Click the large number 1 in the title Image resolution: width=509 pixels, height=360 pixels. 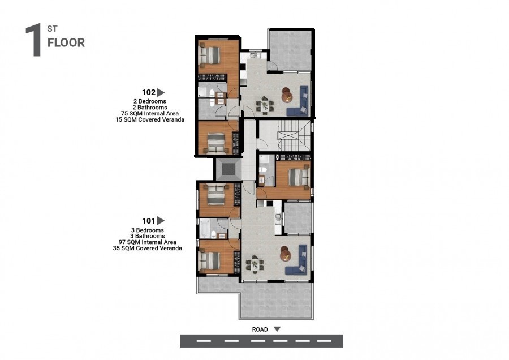pyautogui.click(x=34, y=40)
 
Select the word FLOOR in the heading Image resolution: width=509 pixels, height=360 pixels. pyautogui.click(x=66, y=42)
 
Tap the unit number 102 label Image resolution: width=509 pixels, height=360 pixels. pyautogui.click(x=149, y=92)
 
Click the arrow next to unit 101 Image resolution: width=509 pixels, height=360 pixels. pyautogui.click(x=161, y=221)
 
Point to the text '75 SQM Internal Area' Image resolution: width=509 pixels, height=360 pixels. pyautogui.click(x=150, y=113)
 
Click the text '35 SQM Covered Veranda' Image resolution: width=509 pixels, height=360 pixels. pyautogui.click(x=148, y=248)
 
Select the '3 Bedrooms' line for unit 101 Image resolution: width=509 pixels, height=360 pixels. pyautogui.click(x=148, y=230)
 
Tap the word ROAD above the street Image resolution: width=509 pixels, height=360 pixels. pyautogui.click(x=260, y=329)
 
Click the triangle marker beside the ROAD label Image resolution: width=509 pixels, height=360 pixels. pyautogui.click(x=277, y=329)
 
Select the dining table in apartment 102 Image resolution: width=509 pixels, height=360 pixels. pyautogui.click(x=265, y=105)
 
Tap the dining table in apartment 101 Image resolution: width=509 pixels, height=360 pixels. pyautogui.click(x=255, y=264)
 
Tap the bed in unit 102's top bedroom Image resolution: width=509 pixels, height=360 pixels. pyautogui.click(x=210, y=54)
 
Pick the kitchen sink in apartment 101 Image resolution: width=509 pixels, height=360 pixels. pyautogui.click(x=278, y=218)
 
